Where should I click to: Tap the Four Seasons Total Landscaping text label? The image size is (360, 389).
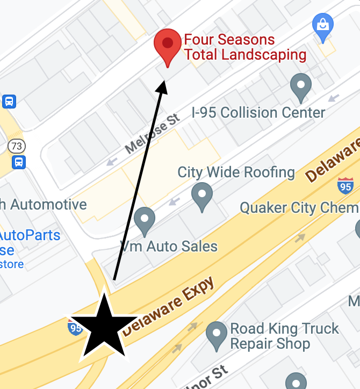point(245,47)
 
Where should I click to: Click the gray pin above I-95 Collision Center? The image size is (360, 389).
point(301,87)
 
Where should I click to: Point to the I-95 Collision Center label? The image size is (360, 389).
point(258,113)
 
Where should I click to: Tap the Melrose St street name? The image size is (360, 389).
point(152,133)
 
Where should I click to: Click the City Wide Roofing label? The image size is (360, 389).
point(236,172)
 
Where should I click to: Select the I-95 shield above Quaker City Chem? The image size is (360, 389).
point(345,186)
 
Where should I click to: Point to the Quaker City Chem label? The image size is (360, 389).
point(299,208)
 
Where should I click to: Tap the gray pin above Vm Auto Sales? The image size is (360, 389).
point(144,220)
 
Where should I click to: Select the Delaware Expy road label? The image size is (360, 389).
point(168,306)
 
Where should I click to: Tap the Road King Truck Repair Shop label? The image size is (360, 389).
point(284,336)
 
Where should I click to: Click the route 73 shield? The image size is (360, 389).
point(17,146)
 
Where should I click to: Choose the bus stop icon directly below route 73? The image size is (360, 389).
point(18,162)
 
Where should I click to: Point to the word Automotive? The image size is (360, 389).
point(48,205)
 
